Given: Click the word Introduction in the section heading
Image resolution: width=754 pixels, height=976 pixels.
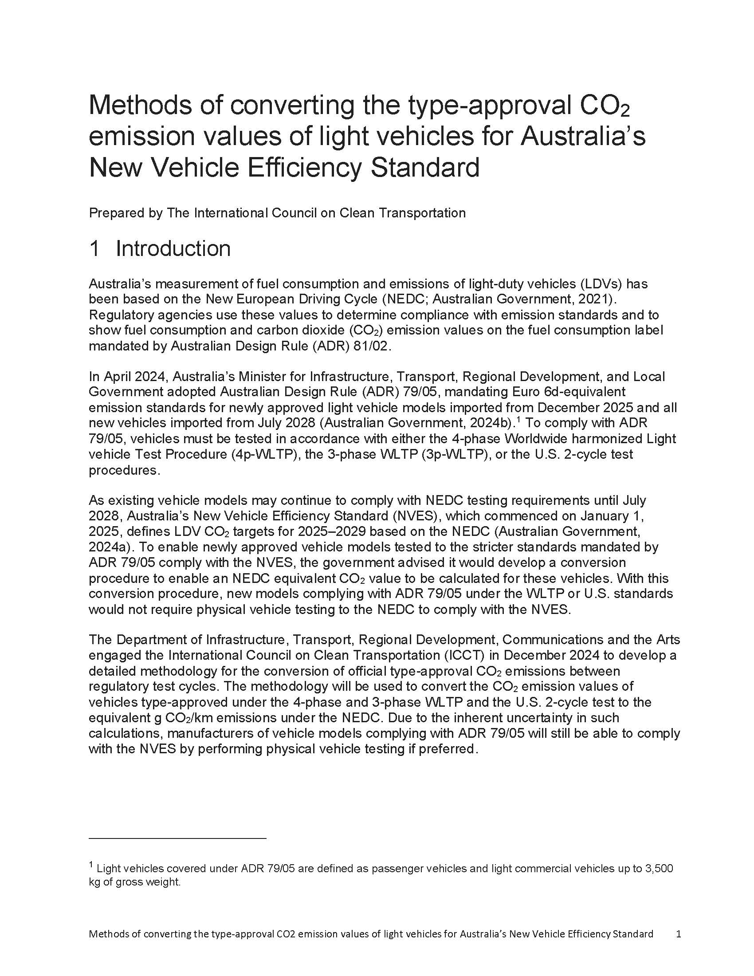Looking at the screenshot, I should point(173,249).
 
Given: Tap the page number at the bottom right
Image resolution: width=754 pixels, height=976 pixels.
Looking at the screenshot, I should point(679,933).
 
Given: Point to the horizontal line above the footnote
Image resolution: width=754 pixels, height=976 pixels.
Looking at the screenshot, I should point(177,839).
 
